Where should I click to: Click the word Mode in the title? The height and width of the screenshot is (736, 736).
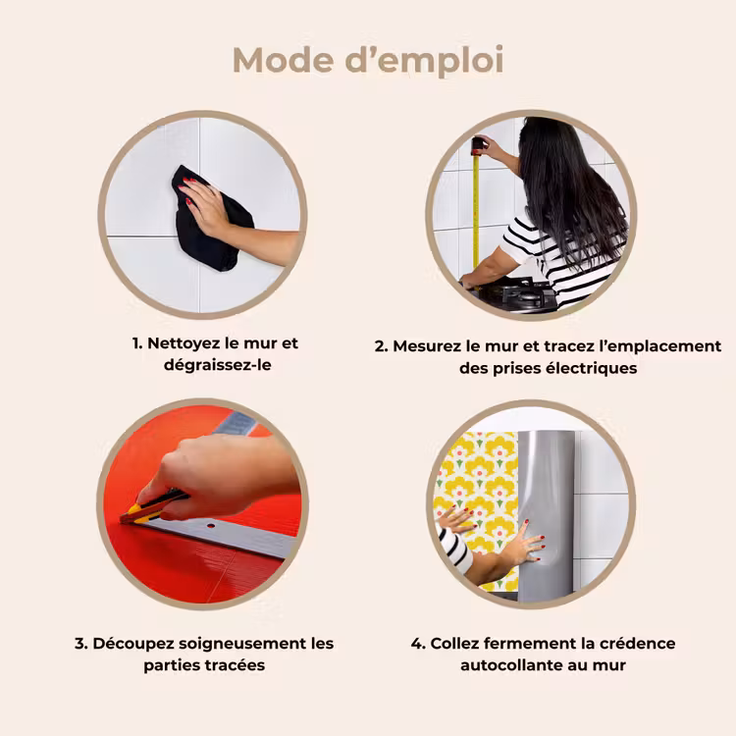(x=283, y=60)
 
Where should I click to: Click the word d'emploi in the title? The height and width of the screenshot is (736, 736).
(x=424, y=61)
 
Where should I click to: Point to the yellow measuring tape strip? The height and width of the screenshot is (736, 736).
(x=476, y=211)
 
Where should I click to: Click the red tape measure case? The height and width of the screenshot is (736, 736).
(x=477, y=146)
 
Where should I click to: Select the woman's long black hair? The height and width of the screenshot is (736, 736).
(x=571, y=187)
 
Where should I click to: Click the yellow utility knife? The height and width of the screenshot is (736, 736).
(x=152, y=508)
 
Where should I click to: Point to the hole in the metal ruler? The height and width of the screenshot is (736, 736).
(x=211, y=526)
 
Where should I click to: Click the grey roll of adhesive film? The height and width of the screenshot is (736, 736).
(x=546, y=515)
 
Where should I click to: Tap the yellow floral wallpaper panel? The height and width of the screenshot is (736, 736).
(x=479, y=498)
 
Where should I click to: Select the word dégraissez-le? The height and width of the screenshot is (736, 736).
(x=217, y=365)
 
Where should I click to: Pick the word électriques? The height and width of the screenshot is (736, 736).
(x=592, y=368)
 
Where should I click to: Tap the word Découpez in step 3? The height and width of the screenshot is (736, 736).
(x=133, y=644)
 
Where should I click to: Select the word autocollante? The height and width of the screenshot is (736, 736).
(x=510, y=665)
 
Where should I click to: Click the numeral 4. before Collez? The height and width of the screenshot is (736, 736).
(x=418, y=644)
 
